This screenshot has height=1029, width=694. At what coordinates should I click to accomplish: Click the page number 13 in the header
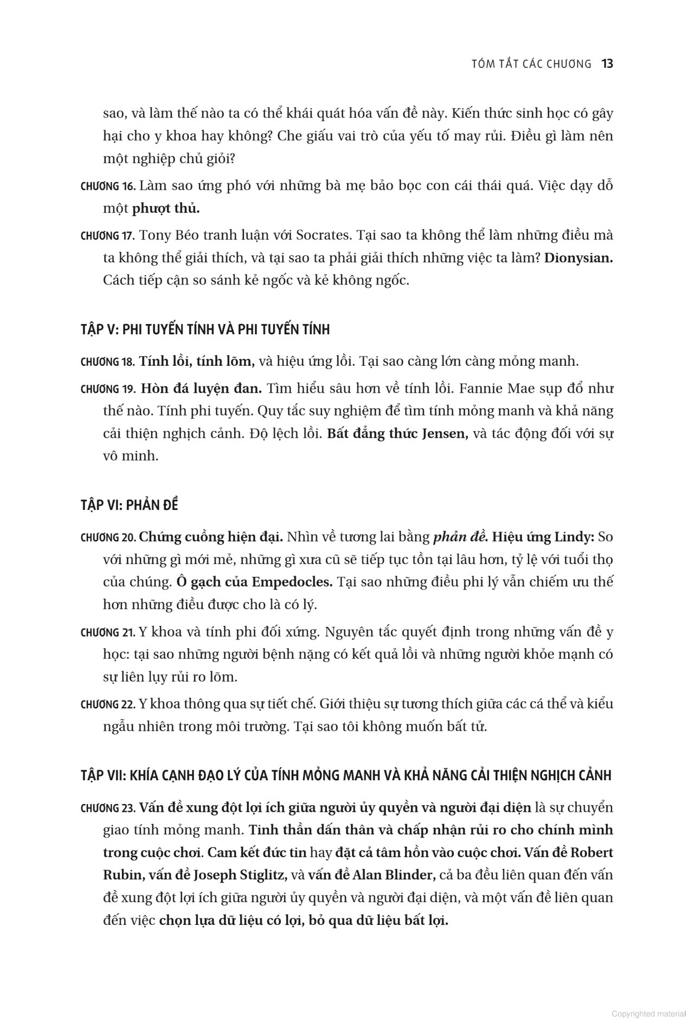coord(607,64)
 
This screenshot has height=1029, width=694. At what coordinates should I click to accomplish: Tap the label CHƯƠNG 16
coord(107,186)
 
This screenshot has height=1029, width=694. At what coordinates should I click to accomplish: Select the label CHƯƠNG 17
coord(107,236)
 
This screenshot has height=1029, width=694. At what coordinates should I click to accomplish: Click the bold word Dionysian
coord(578,258)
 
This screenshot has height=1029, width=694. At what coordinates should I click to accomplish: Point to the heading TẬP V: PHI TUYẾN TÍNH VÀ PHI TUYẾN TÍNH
coord(205,329)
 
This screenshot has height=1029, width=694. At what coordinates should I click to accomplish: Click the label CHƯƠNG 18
coord(107,362)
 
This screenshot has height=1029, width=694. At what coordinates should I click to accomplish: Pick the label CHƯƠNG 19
coord(107,389)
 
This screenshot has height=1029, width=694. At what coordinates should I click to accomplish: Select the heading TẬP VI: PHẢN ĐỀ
coord(129,505)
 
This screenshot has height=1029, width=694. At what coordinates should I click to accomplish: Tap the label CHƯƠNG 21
coord(107,632)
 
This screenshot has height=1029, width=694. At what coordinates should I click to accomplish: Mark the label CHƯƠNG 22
coord(107,704)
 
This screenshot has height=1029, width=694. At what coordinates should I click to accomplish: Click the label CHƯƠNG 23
coord(107,808)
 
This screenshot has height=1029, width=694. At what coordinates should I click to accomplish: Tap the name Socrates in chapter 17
coord(322,236)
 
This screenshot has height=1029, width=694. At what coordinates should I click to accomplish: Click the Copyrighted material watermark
coord(648,1013)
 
